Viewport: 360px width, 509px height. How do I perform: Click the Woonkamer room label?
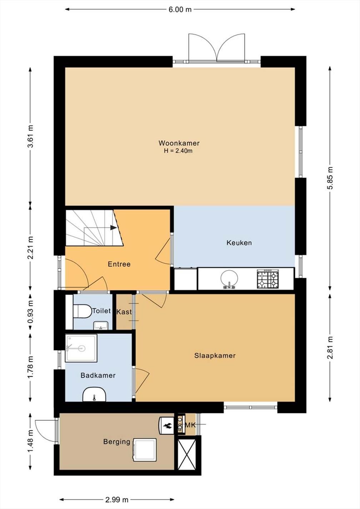click(x=179, y=143)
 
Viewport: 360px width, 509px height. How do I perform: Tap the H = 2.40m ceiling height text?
click(x=178, y=151)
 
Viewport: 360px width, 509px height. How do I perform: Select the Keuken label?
click(x=239, y=243)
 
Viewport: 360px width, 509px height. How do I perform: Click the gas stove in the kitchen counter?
click(x=267, y=279)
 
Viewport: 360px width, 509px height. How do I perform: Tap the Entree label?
click(x=119, y=264)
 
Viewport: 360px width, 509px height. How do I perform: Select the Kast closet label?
click(x=124, y=312)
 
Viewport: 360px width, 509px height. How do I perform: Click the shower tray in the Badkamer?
click(x=81, y=348)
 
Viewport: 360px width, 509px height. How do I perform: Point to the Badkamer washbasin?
click(x=94, y=394)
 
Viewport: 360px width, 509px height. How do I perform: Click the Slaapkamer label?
click(x=215, y=356)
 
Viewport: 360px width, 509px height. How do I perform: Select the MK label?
click(x=190, y=425)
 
